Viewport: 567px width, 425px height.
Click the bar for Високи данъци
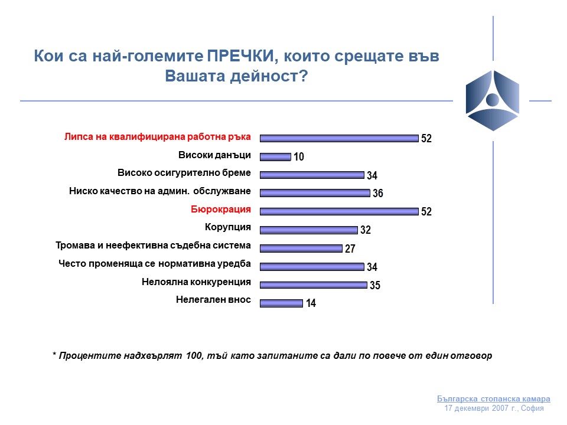coord(275,156)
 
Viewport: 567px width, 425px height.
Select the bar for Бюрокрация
coord(339,211)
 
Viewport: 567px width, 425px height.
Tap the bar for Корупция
coord(309,229)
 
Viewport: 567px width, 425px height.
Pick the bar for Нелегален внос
coord(281,303)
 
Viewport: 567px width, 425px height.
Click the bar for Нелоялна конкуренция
coord(314,285)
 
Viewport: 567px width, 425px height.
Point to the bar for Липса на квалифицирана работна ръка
coord(339,138)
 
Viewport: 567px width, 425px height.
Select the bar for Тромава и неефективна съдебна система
coord(301,248)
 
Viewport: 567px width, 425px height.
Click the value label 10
coord(298,158)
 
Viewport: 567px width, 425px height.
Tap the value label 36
coord(378,194)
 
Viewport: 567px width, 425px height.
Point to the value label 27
coord(350,249)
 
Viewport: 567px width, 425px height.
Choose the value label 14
coord(311,304)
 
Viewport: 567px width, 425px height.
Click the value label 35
coord(374,286)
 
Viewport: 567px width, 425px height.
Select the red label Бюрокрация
coord(220,209)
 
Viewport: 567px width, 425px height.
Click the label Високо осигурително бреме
coord(184,173)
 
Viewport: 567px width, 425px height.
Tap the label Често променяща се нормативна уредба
coord(155,263)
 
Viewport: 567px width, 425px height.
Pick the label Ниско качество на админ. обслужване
coord(160,191)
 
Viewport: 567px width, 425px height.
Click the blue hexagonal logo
coord(492,100)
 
